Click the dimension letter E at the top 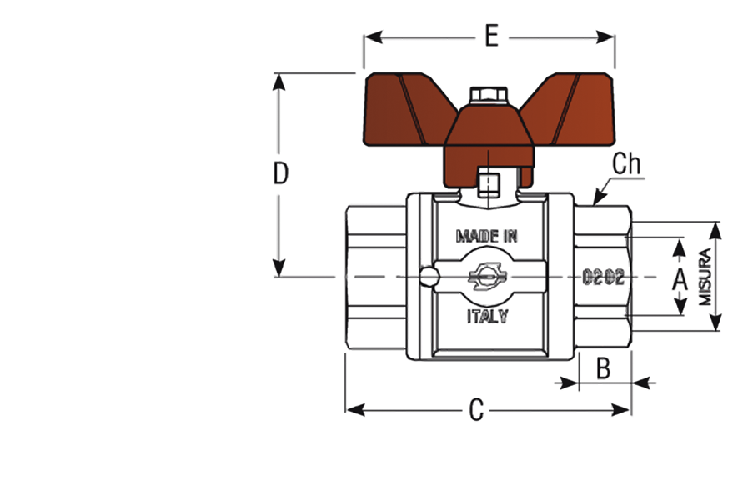492,36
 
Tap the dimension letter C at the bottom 477,410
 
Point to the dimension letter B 603,367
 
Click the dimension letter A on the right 680,278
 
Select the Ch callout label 626,164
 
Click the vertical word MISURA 705,277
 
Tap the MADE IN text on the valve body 487,236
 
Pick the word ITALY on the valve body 488,316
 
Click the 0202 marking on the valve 603,277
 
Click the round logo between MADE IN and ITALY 488,277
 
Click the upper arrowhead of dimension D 279,82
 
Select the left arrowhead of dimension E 374,37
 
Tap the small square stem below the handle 489,185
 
